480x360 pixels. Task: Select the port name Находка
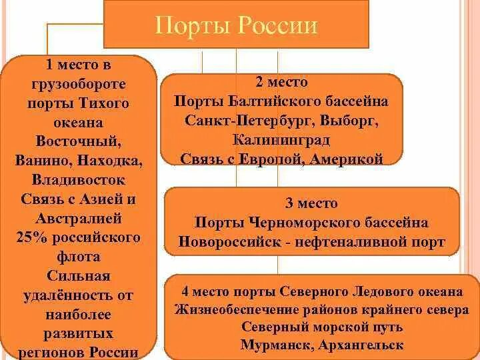tap(111, 161)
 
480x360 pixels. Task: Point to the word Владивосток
tap(78, 179)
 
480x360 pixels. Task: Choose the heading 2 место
tap(281, 83)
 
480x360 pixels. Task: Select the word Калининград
tap(281, 140)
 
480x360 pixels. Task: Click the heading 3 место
tap(311, 203)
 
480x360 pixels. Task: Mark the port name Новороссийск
tap(223, 242)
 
